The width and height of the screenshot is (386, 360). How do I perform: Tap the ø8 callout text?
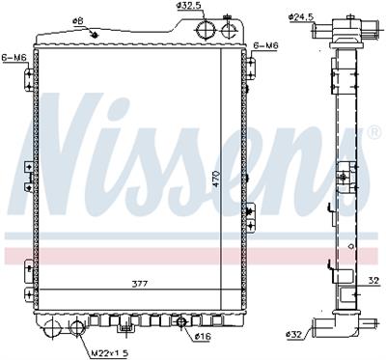78,21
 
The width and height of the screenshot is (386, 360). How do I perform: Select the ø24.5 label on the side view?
301,17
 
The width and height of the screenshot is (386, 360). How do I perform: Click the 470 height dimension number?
216,180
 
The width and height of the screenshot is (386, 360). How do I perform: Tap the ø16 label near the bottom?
203,337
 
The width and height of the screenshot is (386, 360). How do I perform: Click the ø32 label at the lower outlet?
293,335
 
